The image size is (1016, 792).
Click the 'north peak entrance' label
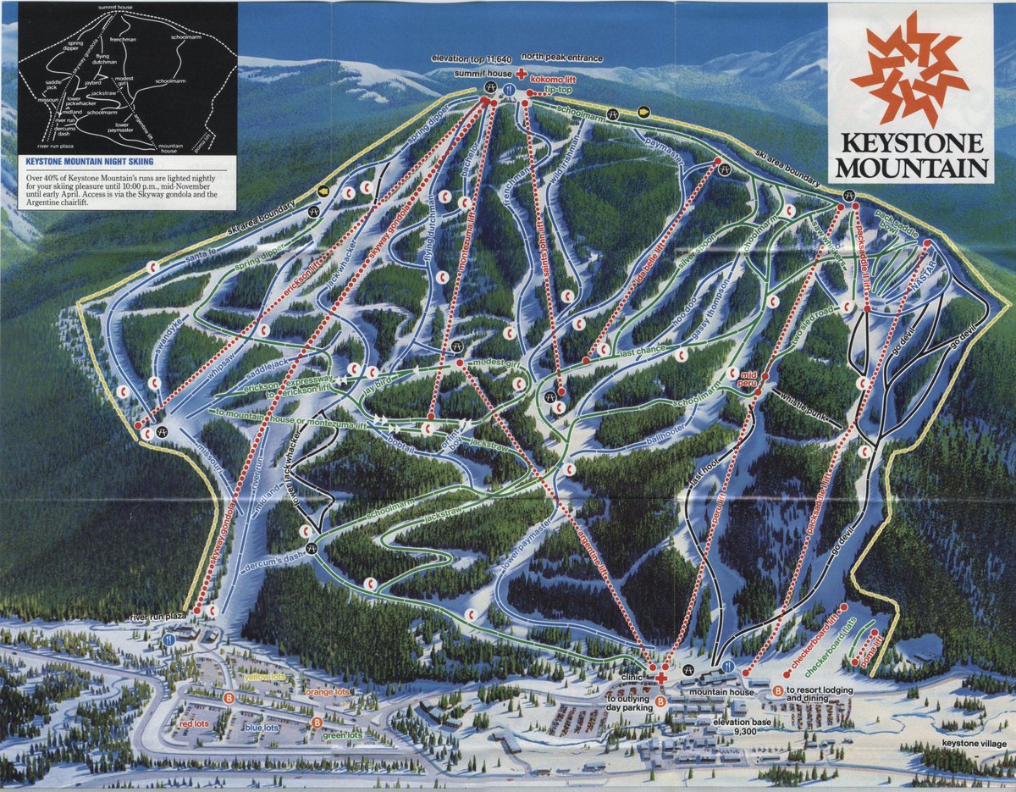click(x=562, y=58)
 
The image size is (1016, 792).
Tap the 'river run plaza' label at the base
click(x=157, y=617)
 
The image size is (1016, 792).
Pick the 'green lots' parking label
click(x=342, y=736)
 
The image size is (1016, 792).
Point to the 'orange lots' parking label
click(x=328, y=692)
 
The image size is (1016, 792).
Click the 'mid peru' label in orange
click(x=748, y=378)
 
